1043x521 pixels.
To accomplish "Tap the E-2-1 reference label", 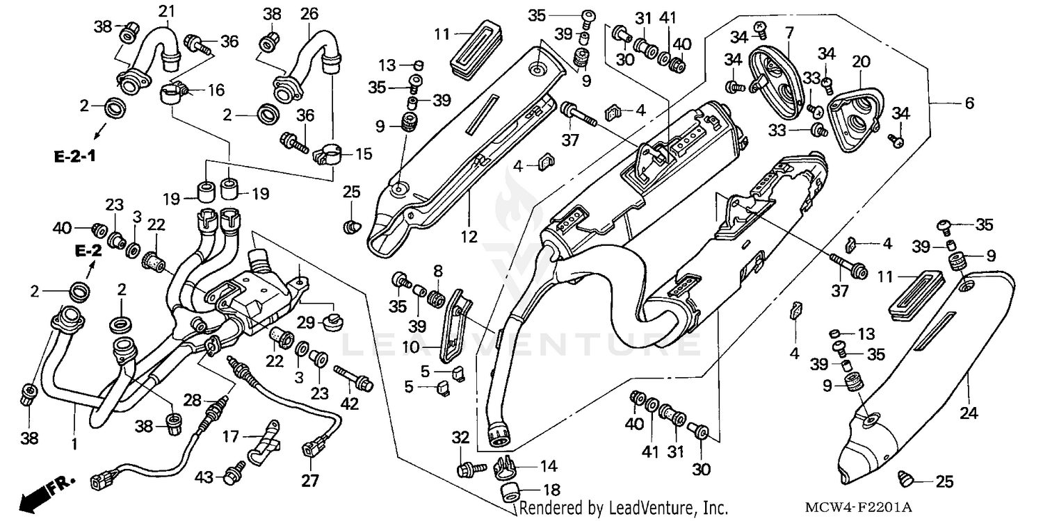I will tap(74, 156).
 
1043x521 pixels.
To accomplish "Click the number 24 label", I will tap(969, 414).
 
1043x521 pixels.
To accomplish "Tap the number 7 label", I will tap(789, 32).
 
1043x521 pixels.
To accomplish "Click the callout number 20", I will tap(861, 63).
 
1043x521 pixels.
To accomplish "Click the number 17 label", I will tap(231, 437).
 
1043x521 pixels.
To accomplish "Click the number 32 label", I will tap(460, 437).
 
